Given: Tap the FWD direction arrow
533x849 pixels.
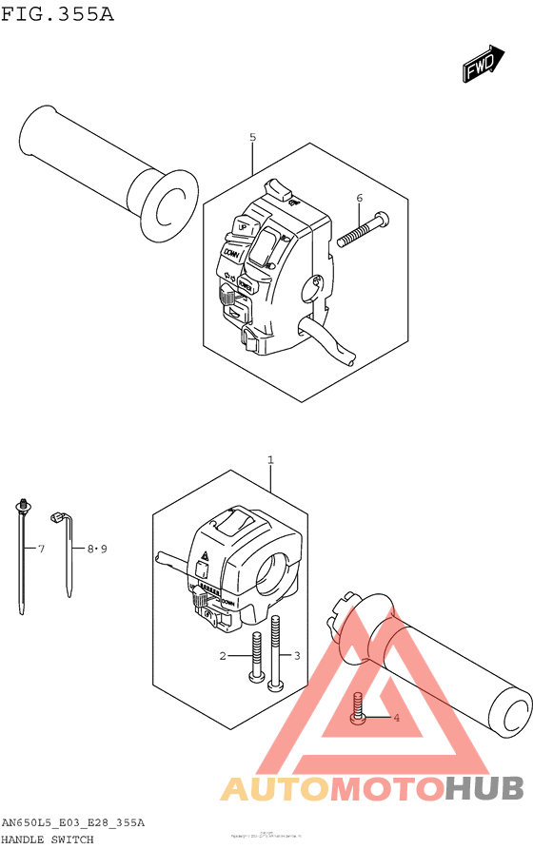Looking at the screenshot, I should [483, 64].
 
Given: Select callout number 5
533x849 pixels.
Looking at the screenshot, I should [252, 138].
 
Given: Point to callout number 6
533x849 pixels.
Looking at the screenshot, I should [359, 198].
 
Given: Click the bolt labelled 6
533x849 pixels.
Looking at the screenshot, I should [362, 228].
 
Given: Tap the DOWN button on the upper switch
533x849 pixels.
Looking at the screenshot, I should [231, 252].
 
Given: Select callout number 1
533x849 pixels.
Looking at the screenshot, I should [270, 460].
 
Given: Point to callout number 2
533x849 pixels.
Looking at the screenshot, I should [223, 656].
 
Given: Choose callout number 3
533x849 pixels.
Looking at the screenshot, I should [296, 656].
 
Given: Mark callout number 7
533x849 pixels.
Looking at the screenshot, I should [41, 549].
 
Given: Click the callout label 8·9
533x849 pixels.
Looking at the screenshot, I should [97, 549].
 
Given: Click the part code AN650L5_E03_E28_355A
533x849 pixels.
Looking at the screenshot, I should [73, 822].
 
